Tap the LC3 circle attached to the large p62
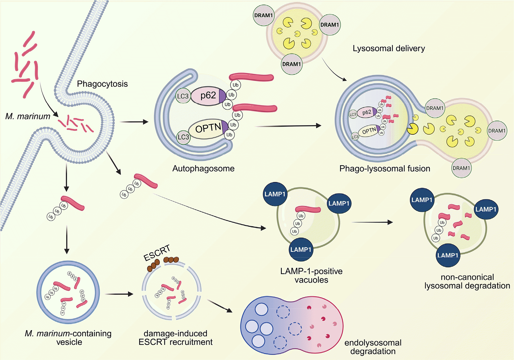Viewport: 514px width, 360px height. click(x=183, y=96)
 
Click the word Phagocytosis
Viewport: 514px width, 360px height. click(x=102, y=84)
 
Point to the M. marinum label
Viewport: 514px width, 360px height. click(x=28, y=116)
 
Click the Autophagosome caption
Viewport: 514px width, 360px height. click(x=203, y=169)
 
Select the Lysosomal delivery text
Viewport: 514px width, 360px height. click(x=388, y=48)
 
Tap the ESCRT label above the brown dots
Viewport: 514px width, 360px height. click(x=157, y=253)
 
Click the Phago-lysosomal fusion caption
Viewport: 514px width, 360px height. click(x=385, y=169)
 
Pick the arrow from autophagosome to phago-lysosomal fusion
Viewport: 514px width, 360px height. click(x=288, y=126)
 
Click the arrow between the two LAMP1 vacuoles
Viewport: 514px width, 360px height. click(x=372, y=222)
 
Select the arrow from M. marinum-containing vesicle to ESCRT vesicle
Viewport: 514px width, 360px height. click(x=119, y=294)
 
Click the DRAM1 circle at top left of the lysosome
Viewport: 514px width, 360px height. click(x=264, y=15)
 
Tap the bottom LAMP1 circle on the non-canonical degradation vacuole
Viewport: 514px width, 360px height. click(x=448, y=255)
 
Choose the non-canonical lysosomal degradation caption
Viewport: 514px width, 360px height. click(x=467, y=282)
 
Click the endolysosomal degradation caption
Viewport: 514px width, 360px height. click(x=373, y=347)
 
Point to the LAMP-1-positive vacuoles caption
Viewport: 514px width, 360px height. click(x=311, y=276)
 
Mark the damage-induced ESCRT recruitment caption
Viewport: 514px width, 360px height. click(x=175, y=338)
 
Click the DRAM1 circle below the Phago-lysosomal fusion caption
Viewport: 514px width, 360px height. click(x=461, y=168)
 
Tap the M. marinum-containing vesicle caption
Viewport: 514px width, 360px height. click(x=68, y=338)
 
